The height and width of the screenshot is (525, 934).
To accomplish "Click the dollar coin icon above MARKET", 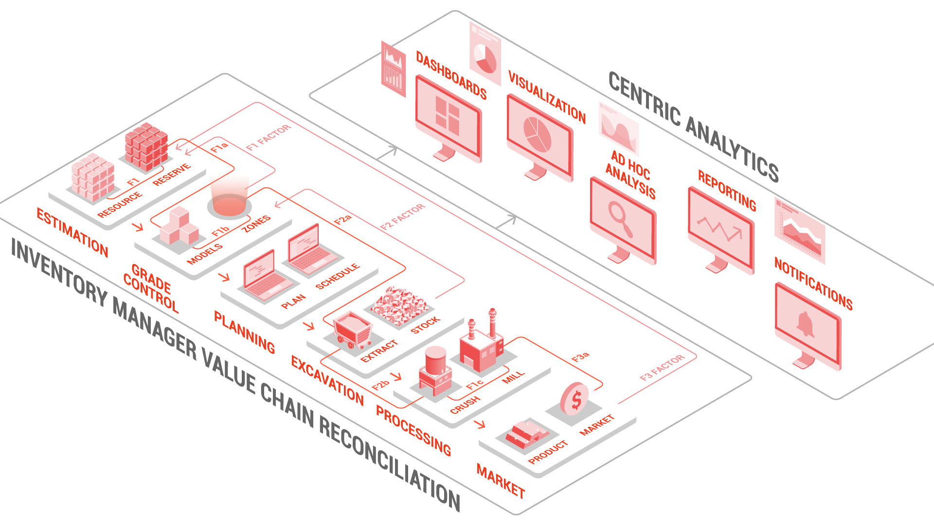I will (x=575, y=399).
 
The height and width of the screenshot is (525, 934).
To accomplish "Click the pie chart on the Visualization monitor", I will (x=537, y=134).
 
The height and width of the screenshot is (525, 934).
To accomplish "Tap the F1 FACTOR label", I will (x=269, y=137).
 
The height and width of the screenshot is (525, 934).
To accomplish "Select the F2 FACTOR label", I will (x=403, y=216).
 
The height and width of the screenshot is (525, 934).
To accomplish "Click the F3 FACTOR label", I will (x=662, y=367).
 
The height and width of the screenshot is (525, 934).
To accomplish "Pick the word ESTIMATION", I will (x=72, y=232).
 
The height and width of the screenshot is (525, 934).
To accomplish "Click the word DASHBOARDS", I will (x=451, y=76).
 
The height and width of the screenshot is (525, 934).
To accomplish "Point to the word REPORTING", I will (x=727, y=191).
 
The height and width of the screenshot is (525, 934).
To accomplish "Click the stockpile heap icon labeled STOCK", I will (x=399, y=306).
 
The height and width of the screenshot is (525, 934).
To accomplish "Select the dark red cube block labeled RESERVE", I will (x=146, y=146).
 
